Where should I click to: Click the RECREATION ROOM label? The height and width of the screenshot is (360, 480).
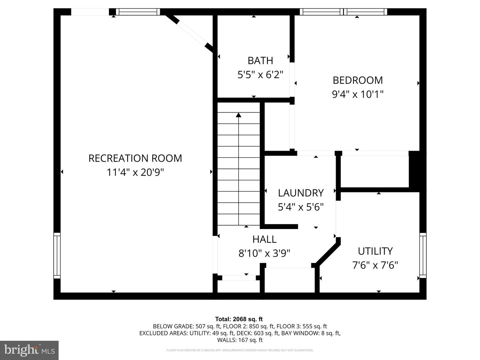click(135, 158)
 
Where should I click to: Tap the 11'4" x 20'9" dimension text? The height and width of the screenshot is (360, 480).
click(135, 172)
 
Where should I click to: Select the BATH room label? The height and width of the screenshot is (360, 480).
click(260, 60)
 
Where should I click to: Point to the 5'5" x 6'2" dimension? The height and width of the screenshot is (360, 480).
click(260, 75)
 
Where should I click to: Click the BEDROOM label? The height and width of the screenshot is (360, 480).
click(358, 80)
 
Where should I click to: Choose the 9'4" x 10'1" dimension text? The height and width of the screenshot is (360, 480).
click(358, 94)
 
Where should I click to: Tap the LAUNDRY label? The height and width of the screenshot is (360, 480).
click(301, 193)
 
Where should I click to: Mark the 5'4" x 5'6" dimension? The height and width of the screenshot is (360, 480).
click(301, 207)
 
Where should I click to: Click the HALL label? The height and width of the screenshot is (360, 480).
click(264, 239)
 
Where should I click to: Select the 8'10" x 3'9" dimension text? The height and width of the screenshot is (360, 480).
click(264, 254)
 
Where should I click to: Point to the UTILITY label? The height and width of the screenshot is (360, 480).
click(375, 251)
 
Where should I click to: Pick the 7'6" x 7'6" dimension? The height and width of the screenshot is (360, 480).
click(375, 265)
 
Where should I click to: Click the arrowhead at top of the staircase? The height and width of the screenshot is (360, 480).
click(239, 115)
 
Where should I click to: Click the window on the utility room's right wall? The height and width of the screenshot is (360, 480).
click(423, 255)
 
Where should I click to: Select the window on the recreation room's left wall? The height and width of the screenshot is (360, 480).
click(57, 255)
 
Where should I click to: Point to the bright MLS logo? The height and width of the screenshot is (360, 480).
click(29, 350)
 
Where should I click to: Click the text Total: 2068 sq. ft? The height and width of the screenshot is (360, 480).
click(239, 319)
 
